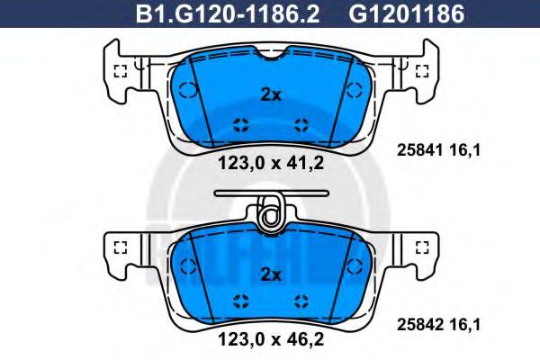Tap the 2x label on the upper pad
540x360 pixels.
[270, 94]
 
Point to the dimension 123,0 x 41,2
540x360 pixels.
[270, 164]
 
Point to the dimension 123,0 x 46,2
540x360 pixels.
[270, 340]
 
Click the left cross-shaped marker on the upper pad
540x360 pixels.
[240, 123]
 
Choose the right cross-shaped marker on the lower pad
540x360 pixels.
[301, 301]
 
